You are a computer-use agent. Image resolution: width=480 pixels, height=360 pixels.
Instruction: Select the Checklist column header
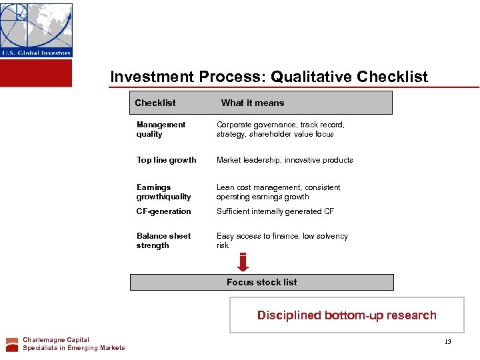point(155,103)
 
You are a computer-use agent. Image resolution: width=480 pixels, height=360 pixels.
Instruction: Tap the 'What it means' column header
point(252,103)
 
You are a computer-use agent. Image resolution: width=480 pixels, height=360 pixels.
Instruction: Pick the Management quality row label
point(161,129)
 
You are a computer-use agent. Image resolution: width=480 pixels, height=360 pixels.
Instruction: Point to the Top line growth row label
point(166,160)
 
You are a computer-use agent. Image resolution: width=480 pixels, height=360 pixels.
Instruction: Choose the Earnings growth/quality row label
point(163,192)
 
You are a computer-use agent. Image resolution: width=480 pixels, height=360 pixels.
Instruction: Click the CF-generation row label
point(163,211)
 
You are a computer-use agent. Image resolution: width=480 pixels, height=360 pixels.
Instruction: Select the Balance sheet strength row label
point(163,241)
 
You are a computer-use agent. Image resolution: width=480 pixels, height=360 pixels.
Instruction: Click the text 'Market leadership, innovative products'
point(285,160)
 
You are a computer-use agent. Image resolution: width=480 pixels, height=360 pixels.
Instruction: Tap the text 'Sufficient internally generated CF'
point(275,211)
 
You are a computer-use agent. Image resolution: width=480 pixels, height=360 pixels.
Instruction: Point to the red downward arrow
point(243,263)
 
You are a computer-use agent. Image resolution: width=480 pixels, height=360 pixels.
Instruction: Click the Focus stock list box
point(261,282)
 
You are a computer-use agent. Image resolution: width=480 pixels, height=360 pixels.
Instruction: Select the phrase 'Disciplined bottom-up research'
point(347,315)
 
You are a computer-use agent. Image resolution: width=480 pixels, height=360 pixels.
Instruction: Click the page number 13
point(448,342)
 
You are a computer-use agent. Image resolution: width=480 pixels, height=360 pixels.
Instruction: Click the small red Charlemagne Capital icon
point(12,344)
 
